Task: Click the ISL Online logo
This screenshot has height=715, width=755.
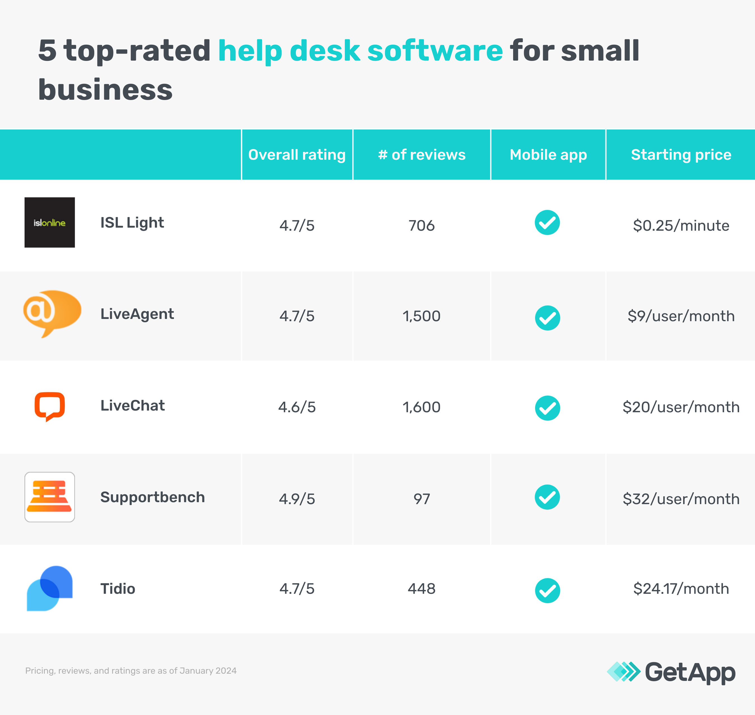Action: coord(49,223)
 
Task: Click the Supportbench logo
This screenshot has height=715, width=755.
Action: coord(49,497)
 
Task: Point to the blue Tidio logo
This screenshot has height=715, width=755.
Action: coord(49,588)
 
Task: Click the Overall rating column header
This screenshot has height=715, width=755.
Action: coord(297,155)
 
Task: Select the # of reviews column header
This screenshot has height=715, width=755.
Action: coord(422,155)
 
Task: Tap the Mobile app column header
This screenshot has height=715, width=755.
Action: coord(548,155)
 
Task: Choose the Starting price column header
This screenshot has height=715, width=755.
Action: coord(681,155)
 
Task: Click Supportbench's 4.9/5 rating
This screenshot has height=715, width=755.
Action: coord(297,499)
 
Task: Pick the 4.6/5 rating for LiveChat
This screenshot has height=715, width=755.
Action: coord(297,407)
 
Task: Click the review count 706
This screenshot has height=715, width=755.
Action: coord(422,226)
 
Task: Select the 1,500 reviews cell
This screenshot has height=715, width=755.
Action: coord(422,316)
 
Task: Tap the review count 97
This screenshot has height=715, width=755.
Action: coord(422,499)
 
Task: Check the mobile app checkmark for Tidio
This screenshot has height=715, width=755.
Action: coord(548,590)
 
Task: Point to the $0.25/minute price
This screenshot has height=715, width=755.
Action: coord(681,226)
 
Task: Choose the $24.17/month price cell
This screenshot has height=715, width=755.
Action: coord(681,589)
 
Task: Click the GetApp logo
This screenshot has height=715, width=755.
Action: coord(671,672)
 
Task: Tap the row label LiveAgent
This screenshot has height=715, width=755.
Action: coord(137,314)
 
